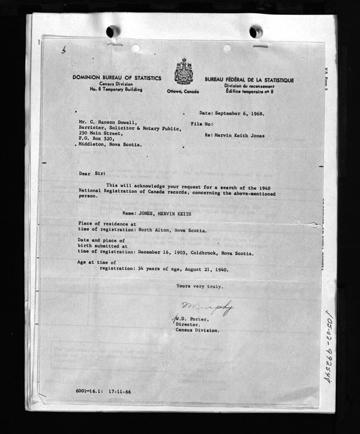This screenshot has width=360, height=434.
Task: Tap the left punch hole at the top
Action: pyautogui.click(x=113, y=31)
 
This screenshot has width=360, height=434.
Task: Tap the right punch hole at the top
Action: pyautogui.click(x=256, y=32)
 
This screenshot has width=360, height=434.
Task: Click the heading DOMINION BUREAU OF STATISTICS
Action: pyautogui.click(x=117, y=78)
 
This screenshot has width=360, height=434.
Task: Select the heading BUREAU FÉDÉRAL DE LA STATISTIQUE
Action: pyautogui.click(x=249, y=80)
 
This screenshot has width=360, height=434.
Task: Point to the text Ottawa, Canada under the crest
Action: pyautogui.click(x=183, y=92)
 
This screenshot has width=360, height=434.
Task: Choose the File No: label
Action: pyautogui.click(x=202, y=125)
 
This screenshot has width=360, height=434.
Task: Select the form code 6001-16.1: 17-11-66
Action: pyautogui.click(x=103, y=392)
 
